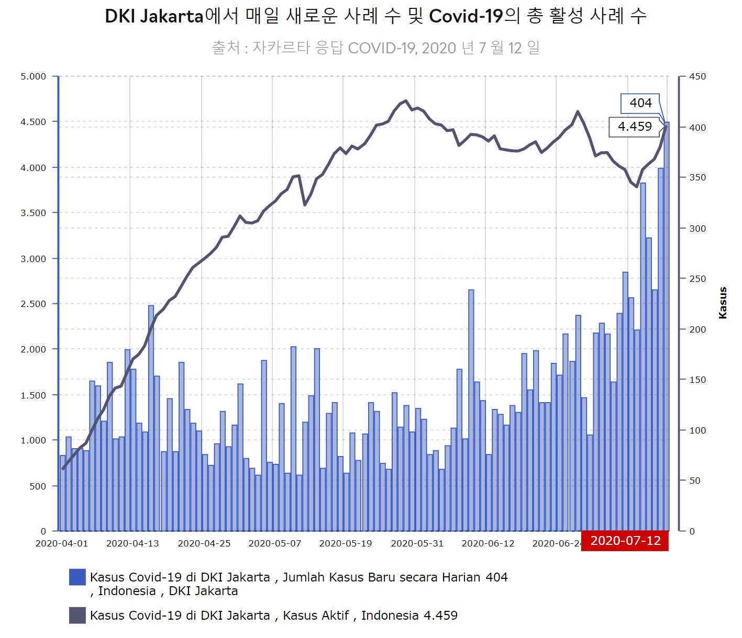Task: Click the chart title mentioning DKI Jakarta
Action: (375, 17)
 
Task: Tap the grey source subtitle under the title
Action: (375, 48)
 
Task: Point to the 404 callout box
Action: (640, 103)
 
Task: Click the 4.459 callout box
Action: (634, 127)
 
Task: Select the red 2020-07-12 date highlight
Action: (625, 541)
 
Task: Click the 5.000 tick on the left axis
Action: (33, 76)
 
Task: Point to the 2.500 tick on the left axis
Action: (33, 304)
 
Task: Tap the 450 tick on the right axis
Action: (697, 76)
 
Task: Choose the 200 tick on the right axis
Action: (697, 329)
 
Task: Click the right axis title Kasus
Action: (723, 303)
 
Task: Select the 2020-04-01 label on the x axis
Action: (61, 543)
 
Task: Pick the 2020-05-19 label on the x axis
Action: (346, 543)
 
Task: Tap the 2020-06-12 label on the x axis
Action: (488, 543)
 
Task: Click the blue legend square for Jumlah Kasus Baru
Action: (77, 577)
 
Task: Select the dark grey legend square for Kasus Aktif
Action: (77, 616)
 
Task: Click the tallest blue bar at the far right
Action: (667, 324)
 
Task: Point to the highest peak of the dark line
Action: (406, 101)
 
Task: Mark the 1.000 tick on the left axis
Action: (33, 440)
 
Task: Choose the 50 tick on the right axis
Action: (694, 481)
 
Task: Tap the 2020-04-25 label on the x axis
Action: (204, 543)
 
